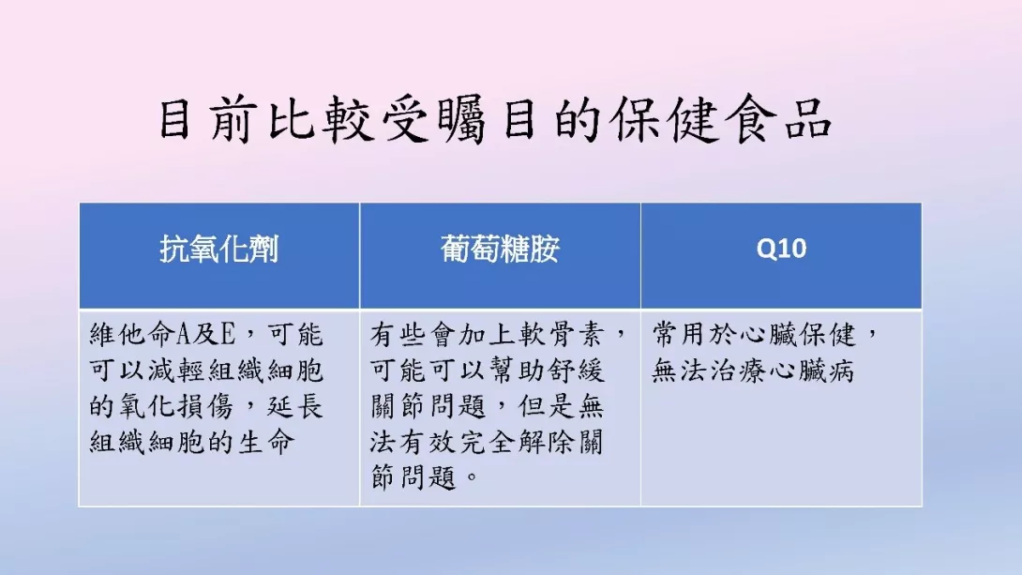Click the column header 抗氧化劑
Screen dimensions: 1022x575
tap(219, 249)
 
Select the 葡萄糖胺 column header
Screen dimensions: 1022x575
tap(500, 249)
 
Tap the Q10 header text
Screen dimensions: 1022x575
tap(781, 249)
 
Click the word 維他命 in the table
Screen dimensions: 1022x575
tap(132, 335)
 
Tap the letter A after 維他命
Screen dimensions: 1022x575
tap(183, 335)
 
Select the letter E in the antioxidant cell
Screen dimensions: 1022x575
tap(228, 335)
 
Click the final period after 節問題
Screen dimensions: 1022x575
tap(473, 478)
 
